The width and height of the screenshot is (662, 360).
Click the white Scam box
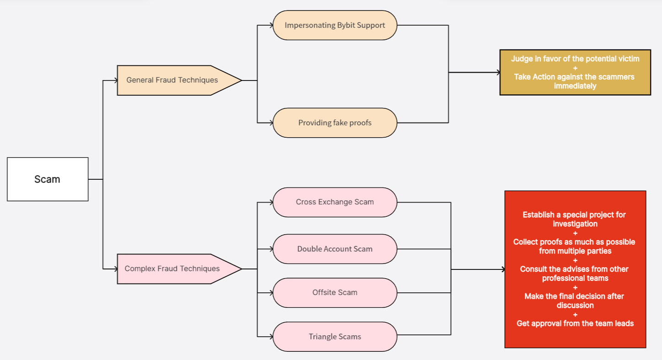coord(48,179)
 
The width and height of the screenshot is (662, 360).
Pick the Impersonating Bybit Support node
coord(335,25)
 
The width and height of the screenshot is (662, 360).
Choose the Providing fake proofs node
coord(335,123)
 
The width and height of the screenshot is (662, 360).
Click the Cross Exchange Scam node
coord(335,202)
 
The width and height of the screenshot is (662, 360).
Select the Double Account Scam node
coord(335,249)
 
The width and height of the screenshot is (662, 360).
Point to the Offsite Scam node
coord(335,292)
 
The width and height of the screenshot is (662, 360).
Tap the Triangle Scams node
coord(335,337)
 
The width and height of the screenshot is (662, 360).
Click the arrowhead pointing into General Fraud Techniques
coord(115,81)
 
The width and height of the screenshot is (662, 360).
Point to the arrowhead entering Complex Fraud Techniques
coord(115,269)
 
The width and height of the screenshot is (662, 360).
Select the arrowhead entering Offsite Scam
coord(270,293)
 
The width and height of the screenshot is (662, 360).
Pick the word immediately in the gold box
coord(575,86)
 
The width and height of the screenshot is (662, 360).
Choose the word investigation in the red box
coord(575,224)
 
